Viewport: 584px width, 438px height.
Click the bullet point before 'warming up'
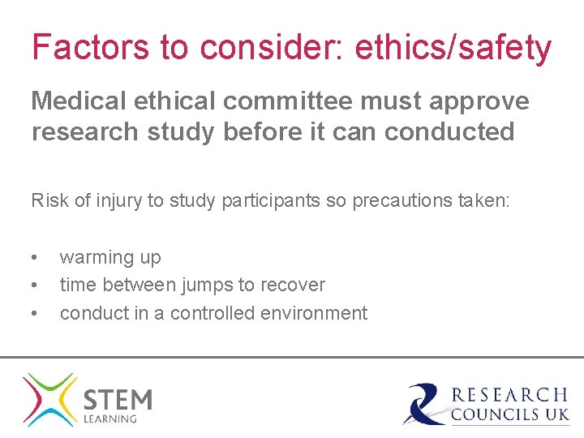point(34,258)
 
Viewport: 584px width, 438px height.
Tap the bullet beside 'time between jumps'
point(34,286)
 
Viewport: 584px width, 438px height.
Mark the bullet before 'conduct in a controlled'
point(34,313)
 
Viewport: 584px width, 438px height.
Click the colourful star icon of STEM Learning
point(49,399)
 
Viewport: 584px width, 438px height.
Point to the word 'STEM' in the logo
point(118,399)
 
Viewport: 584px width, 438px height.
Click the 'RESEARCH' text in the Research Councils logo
point(509,395)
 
